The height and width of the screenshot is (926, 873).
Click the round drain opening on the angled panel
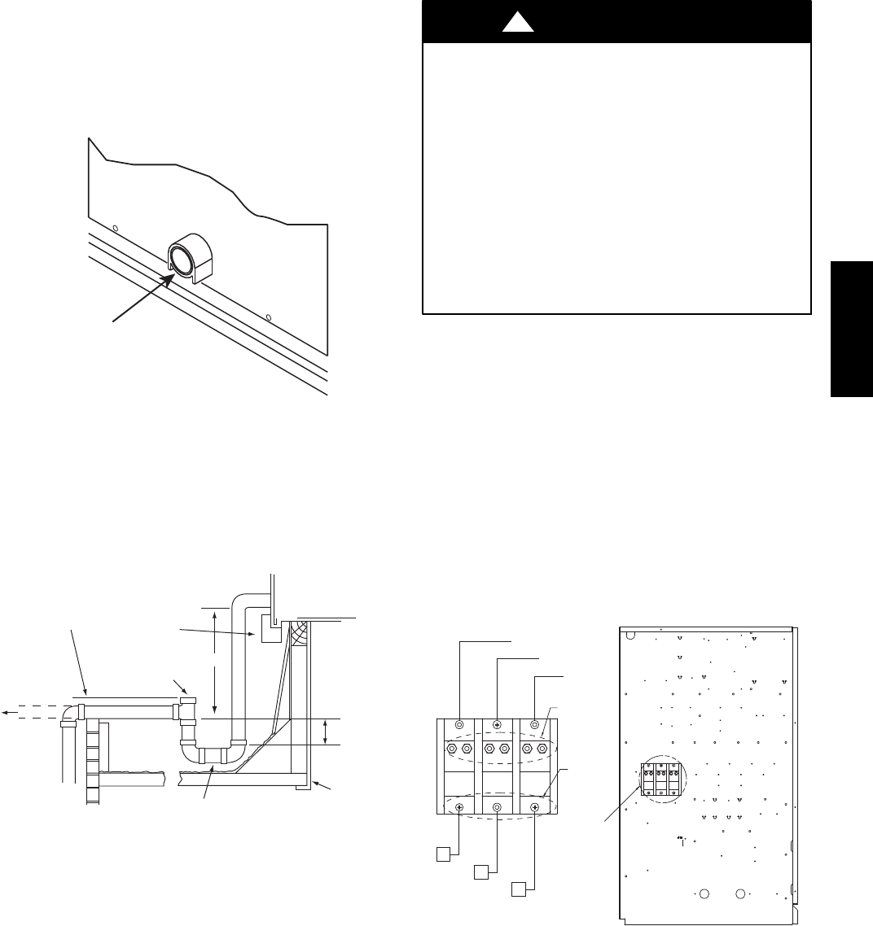183,258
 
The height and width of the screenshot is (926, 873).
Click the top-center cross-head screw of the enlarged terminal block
497,723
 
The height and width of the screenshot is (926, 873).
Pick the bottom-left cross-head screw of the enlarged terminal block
459,807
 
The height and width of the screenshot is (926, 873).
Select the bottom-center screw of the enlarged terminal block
497,807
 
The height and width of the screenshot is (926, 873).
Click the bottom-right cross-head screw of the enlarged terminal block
535,807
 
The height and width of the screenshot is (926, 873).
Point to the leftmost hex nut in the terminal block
450,749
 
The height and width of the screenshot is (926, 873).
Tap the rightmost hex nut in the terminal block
542,749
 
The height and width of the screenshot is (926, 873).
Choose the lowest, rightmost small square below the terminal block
518,889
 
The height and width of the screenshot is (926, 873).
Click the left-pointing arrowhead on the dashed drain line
6,713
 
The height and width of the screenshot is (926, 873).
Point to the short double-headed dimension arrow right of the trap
326,732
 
